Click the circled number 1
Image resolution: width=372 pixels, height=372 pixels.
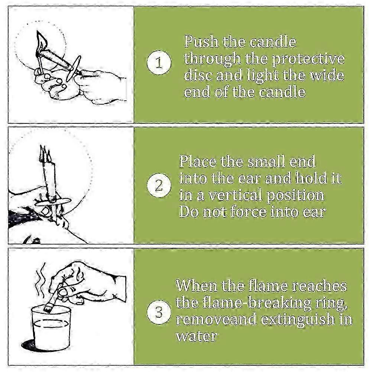coord(159,63)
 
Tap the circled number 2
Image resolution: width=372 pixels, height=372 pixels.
coord(159,185)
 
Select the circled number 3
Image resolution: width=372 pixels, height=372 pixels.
coord(159,312)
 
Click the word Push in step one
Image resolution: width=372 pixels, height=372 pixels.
coord(201,42)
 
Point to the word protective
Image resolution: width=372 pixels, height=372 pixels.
coord(308,59)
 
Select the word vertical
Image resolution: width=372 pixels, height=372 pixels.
coord(234,195)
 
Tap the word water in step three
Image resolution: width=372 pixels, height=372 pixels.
coord(197,336)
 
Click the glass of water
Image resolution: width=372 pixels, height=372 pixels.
coord(51,328)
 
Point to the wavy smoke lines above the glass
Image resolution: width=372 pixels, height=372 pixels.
coord(41,275)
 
